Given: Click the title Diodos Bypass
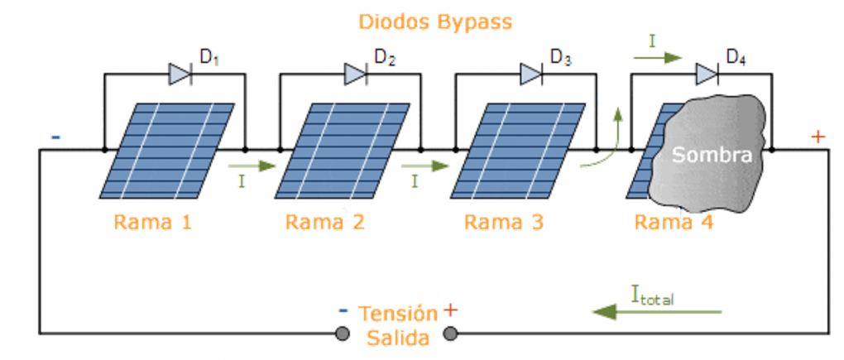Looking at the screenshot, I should coord(434,22).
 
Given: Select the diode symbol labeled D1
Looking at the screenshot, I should coord(180,74).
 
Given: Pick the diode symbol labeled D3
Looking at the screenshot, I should coord(531,74).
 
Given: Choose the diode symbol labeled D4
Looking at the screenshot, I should coord(707,74).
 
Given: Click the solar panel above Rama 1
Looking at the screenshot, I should coord(165,150).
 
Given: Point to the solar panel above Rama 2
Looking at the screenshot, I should coord(341,150).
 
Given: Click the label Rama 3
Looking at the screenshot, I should coord(504,222).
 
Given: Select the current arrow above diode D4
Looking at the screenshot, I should coord(659,57).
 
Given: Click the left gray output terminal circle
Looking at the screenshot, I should coord(341,334).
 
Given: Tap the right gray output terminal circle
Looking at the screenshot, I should coord(451,334).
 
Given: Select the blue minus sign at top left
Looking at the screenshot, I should coord(55,136).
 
